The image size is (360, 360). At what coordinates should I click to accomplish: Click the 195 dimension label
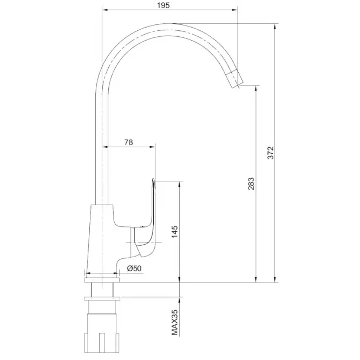tap(163, 5)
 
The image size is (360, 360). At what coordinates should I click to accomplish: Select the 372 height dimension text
tap(271, 153)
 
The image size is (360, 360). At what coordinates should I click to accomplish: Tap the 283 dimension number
tap(251, 184)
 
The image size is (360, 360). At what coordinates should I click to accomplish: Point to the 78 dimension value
tap(129, 142)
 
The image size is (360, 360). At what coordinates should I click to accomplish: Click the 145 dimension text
tap(175, 232)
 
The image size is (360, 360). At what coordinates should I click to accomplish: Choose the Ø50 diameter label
tap(134, 268)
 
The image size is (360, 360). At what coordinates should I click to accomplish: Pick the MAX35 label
tap(175, 322)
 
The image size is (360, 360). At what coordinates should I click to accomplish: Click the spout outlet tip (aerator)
tap(234, 78)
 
